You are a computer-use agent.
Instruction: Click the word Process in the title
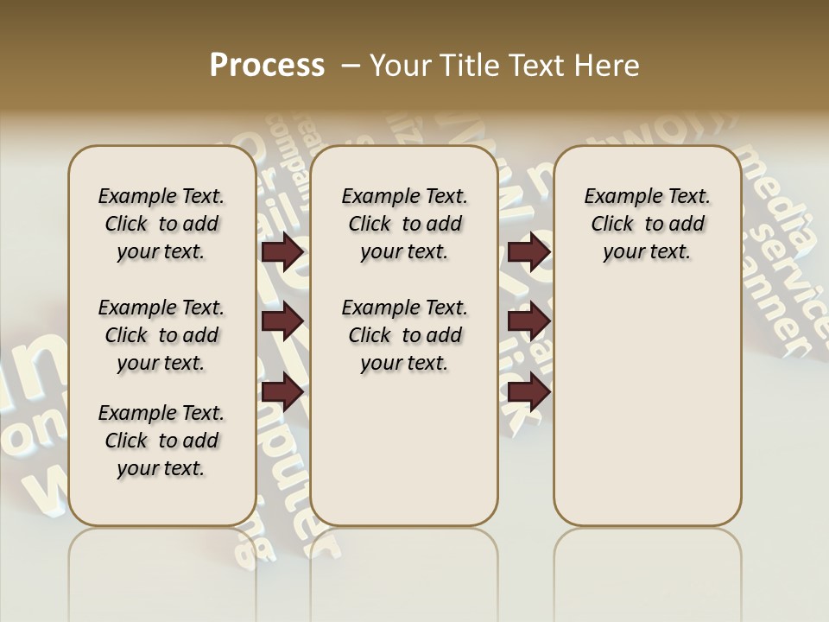(267, 66)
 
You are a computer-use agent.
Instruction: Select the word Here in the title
(610, 66)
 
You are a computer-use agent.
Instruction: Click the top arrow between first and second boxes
(282, 252)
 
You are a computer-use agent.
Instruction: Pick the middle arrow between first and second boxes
(282, 321)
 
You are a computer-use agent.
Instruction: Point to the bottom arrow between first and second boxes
(282, 392)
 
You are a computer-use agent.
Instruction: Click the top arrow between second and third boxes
(528, 252)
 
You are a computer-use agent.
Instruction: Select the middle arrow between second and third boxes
(528, 321)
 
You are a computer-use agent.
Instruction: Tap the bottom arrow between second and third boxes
(528, 392)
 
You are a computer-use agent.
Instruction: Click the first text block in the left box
(161, 224)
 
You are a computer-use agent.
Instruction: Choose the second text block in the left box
(161, 335)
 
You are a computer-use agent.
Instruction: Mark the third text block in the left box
(161, 441)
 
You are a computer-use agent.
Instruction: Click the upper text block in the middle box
(404, 224)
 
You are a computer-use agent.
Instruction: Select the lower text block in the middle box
(404, 335)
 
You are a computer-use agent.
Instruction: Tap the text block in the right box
(647, 224)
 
